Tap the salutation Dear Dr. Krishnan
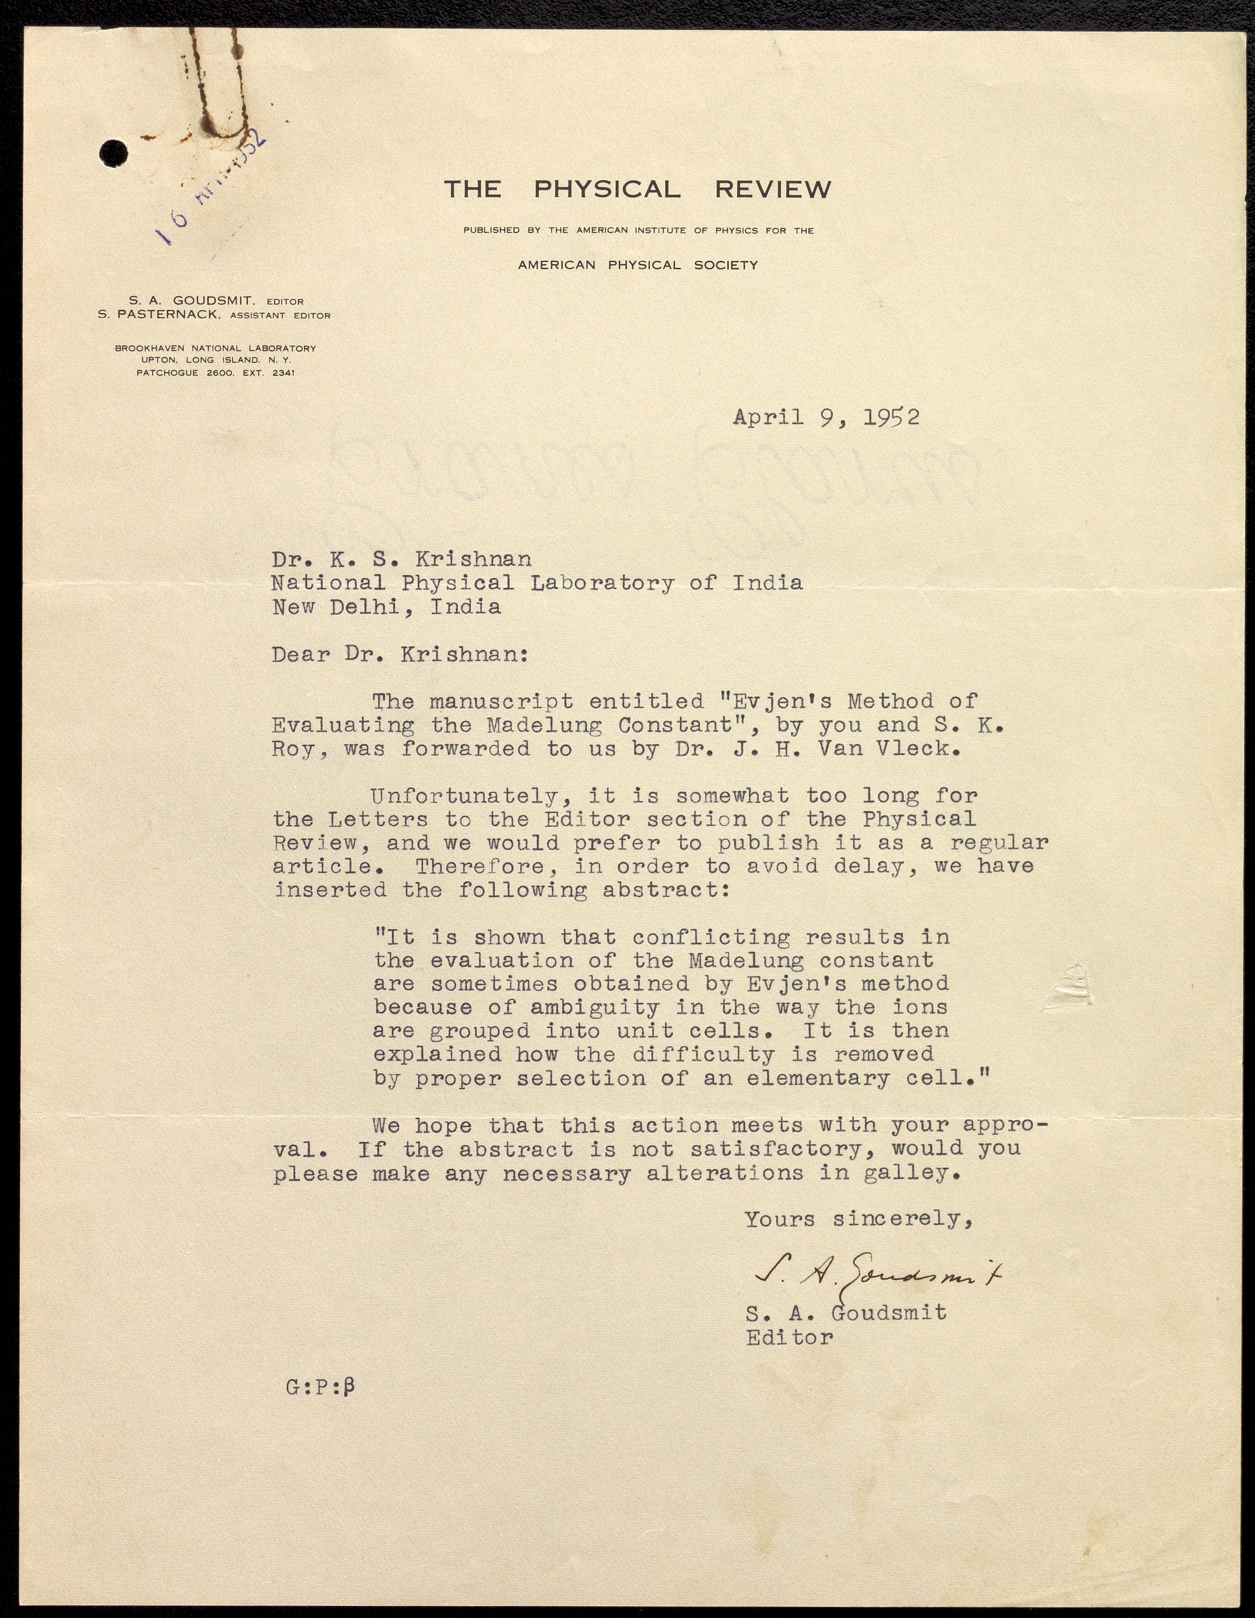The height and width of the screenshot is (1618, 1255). coord(400,655)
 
